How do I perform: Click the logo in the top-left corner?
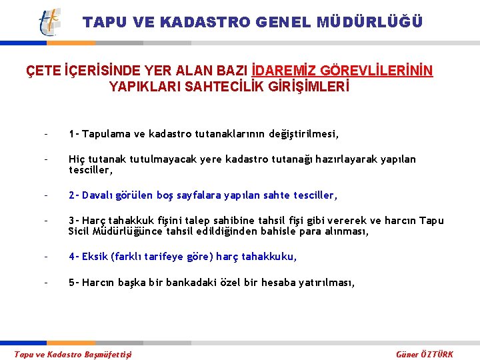point(49,22)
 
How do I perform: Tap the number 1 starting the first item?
point(71,134)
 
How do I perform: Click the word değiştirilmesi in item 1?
point(304,134)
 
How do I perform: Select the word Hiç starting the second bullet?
point(76,159)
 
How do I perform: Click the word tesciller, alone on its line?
point(90,169)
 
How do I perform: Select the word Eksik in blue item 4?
point(95,257)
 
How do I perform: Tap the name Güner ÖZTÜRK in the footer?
point(424,354)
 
